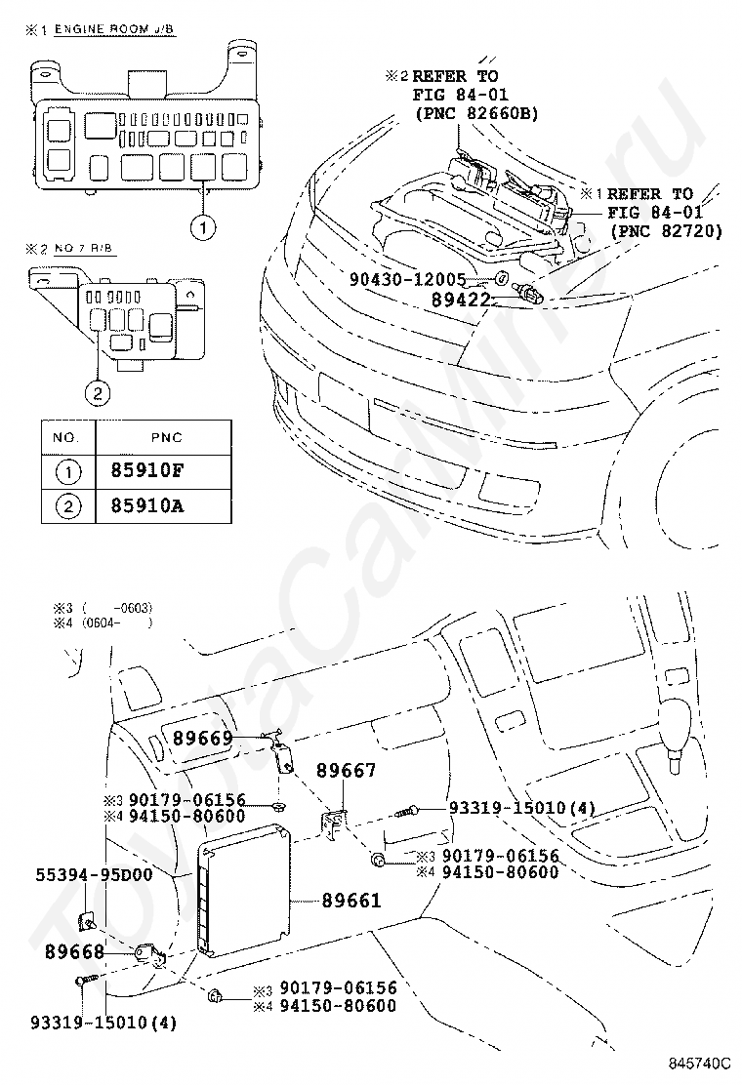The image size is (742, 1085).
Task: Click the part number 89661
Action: (x=351, y=901)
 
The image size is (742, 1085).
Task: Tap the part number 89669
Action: (x=203, y=739)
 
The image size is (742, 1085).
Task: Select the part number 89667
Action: (x=345, y=771)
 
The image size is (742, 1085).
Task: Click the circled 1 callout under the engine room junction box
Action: (x=201, y=228)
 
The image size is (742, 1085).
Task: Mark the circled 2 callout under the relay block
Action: (x=97, y=394)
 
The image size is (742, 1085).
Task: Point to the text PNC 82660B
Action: (x=476, y=114)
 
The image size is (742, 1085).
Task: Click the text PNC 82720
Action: (x=666, y=230)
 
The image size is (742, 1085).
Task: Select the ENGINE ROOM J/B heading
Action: (x=113, y=31)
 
